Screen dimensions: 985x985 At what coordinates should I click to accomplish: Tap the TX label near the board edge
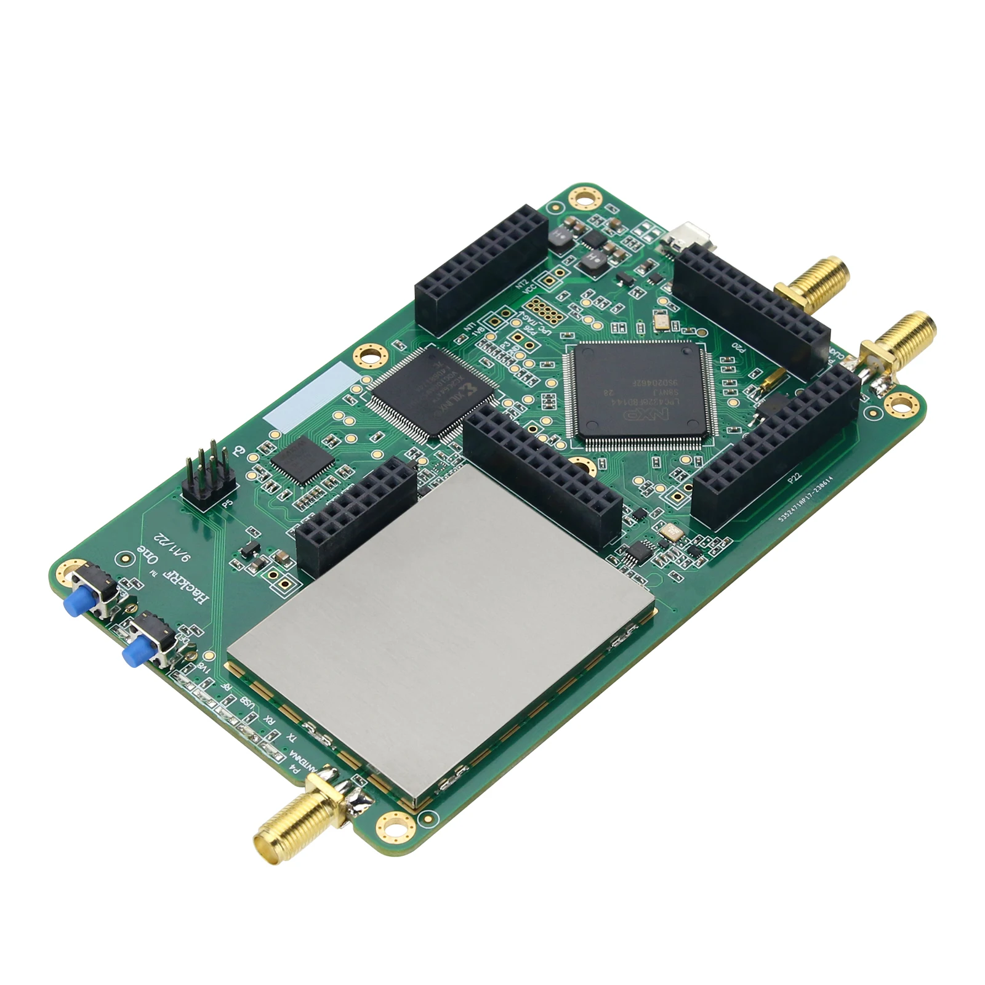292,737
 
